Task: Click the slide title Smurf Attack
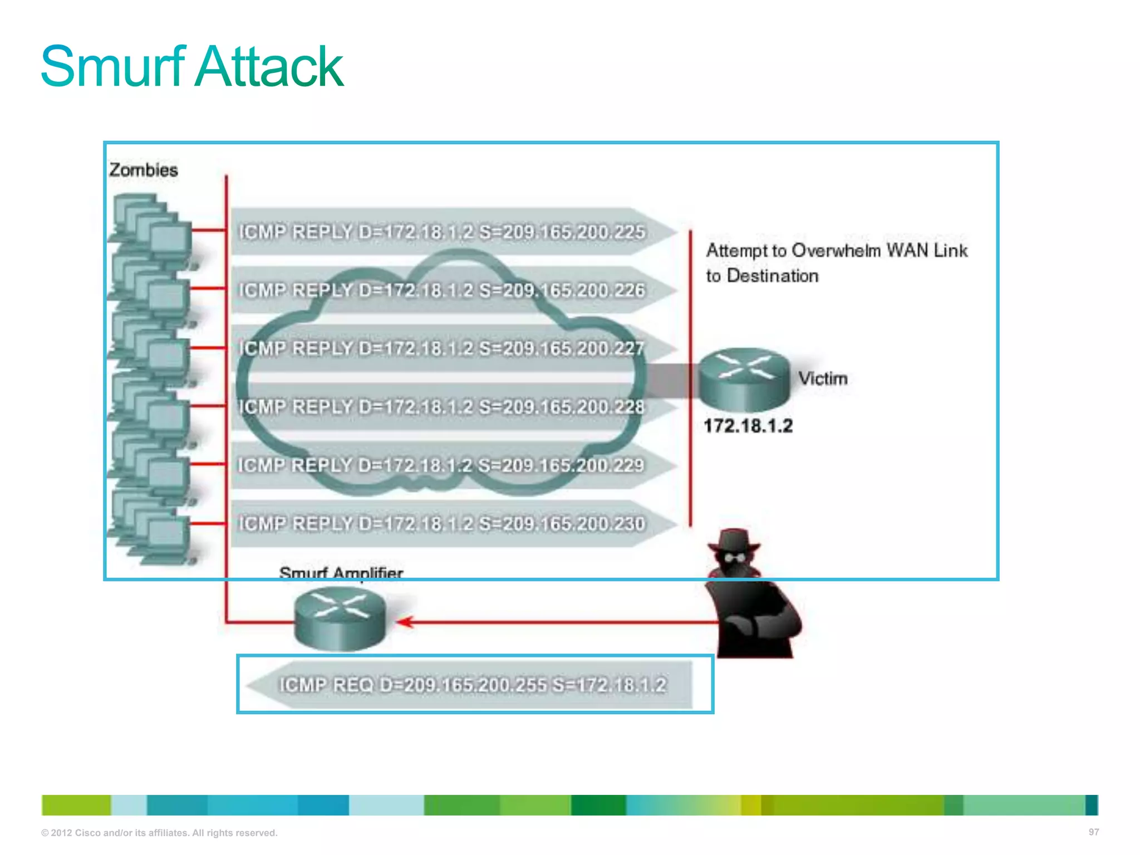point(192,66)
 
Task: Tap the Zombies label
point(144,170)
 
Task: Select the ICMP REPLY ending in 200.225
point(442,232)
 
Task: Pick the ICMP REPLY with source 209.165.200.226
point(442,290)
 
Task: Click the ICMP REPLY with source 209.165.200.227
point(442,348)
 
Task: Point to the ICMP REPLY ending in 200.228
point(442,407)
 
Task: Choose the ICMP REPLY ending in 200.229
point(442,465)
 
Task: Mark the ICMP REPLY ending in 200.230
point(442,524)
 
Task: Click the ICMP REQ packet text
point(473,685)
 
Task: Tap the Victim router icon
point(744,379)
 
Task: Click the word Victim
point(823,379)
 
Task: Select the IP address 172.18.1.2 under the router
point(748,426)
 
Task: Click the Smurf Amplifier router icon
point(340,619)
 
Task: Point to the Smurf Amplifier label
point(341,572)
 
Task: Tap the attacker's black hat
point(734,540)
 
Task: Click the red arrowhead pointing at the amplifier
point(405,622)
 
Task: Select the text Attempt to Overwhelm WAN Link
point(837,251)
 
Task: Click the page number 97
point(1093,832)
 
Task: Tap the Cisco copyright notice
point(159,833)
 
